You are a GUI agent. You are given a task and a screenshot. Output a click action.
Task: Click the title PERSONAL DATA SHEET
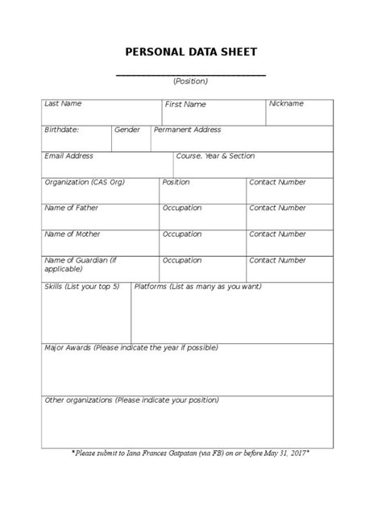[191, 52]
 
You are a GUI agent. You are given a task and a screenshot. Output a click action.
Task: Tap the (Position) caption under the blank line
[190, 81]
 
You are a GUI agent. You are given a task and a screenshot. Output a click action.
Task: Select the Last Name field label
[63, 104]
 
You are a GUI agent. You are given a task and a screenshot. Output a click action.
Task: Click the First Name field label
[185, 105]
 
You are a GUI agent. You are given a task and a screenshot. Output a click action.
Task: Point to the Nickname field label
[286, 104]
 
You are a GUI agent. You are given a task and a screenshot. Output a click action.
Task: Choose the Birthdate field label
[61, 130]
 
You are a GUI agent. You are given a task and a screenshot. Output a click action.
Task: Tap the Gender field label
[127, 130]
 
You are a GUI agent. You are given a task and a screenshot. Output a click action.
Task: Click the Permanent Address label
[187, 130]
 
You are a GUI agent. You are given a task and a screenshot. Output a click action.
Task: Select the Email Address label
[69, 156]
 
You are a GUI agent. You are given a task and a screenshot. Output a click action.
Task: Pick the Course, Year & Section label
[215, 156]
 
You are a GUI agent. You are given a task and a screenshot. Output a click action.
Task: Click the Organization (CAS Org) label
[85, 182]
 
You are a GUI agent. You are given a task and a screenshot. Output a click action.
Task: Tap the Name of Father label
[71, 208]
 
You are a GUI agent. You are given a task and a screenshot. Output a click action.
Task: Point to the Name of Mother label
[73, 234]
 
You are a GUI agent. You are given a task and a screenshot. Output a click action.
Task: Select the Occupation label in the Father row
[182, 208]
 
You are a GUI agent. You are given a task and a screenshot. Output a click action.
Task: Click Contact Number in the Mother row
[277, 234]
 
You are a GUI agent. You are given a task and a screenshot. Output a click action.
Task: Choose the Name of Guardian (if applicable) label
[81, 265]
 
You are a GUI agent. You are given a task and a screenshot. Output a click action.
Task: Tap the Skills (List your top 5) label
[81, 287]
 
